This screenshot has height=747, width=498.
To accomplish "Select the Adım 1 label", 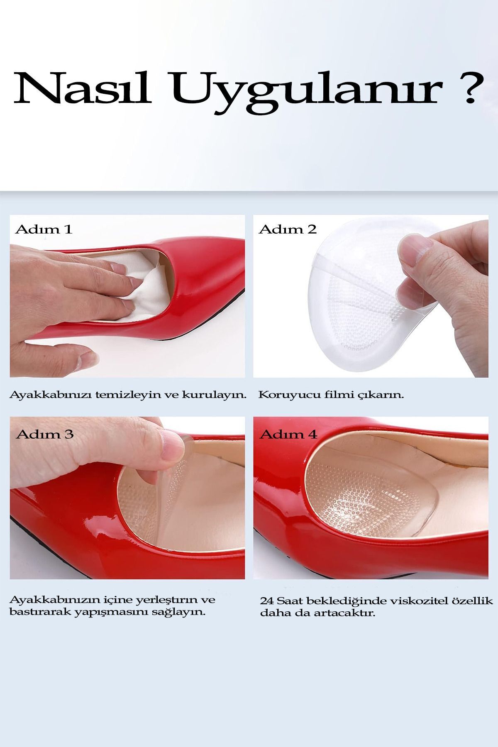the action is tap(44, 229).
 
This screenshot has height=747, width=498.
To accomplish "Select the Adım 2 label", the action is tap(288, 229).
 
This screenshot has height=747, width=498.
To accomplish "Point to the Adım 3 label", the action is tap(45, 434).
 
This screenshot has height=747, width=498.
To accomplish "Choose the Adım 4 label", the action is tap(288, 434).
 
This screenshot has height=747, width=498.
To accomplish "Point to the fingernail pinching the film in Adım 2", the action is tap(409, 251).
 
